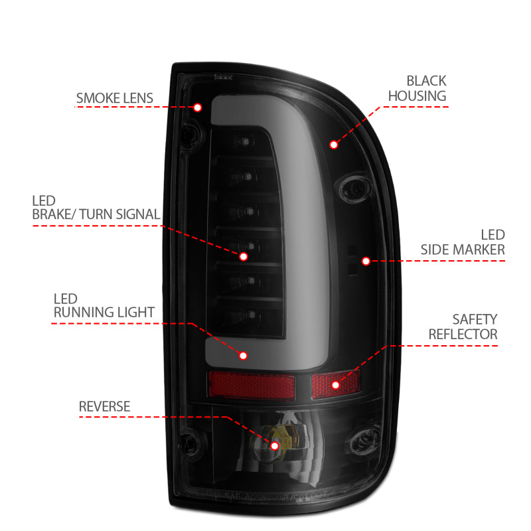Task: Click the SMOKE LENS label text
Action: tap(114, 99)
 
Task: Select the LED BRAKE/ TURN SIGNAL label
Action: tap(95, 207)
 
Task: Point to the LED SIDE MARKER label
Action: tap(463, 242)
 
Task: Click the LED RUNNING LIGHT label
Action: tap(104, 305)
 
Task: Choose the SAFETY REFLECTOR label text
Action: tap(463, 327)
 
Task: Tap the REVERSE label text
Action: tap(104, 406)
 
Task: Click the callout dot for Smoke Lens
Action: tap(198, 108)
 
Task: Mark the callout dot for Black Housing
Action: tap(333, 143)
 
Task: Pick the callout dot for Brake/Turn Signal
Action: tap(243, 256)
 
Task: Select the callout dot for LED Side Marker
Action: tap(366, 262)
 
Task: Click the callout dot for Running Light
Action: tap(243, 356)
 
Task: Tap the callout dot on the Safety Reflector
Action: tap(335, 384)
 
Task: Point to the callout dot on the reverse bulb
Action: tap(275, 445)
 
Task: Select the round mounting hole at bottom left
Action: tap(189, 439)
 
